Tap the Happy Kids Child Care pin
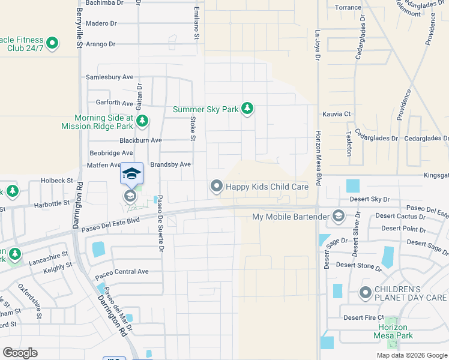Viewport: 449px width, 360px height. [216, 187]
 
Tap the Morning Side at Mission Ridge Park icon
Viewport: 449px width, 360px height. [142, 122]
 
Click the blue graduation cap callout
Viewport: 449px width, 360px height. [132, 174]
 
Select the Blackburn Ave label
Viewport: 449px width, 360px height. [140, 140]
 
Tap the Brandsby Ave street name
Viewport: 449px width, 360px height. [170, 164]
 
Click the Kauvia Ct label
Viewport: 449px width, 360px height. [336, 113]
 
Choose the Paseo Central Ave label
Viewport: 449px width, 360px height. [122, 271]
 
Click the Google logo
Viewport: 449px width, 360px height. [20, 353]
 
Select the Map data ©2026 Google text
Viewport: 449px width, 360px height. [411, 355]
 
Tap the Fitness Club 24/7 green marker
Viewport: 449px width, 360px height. [52, 43]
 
